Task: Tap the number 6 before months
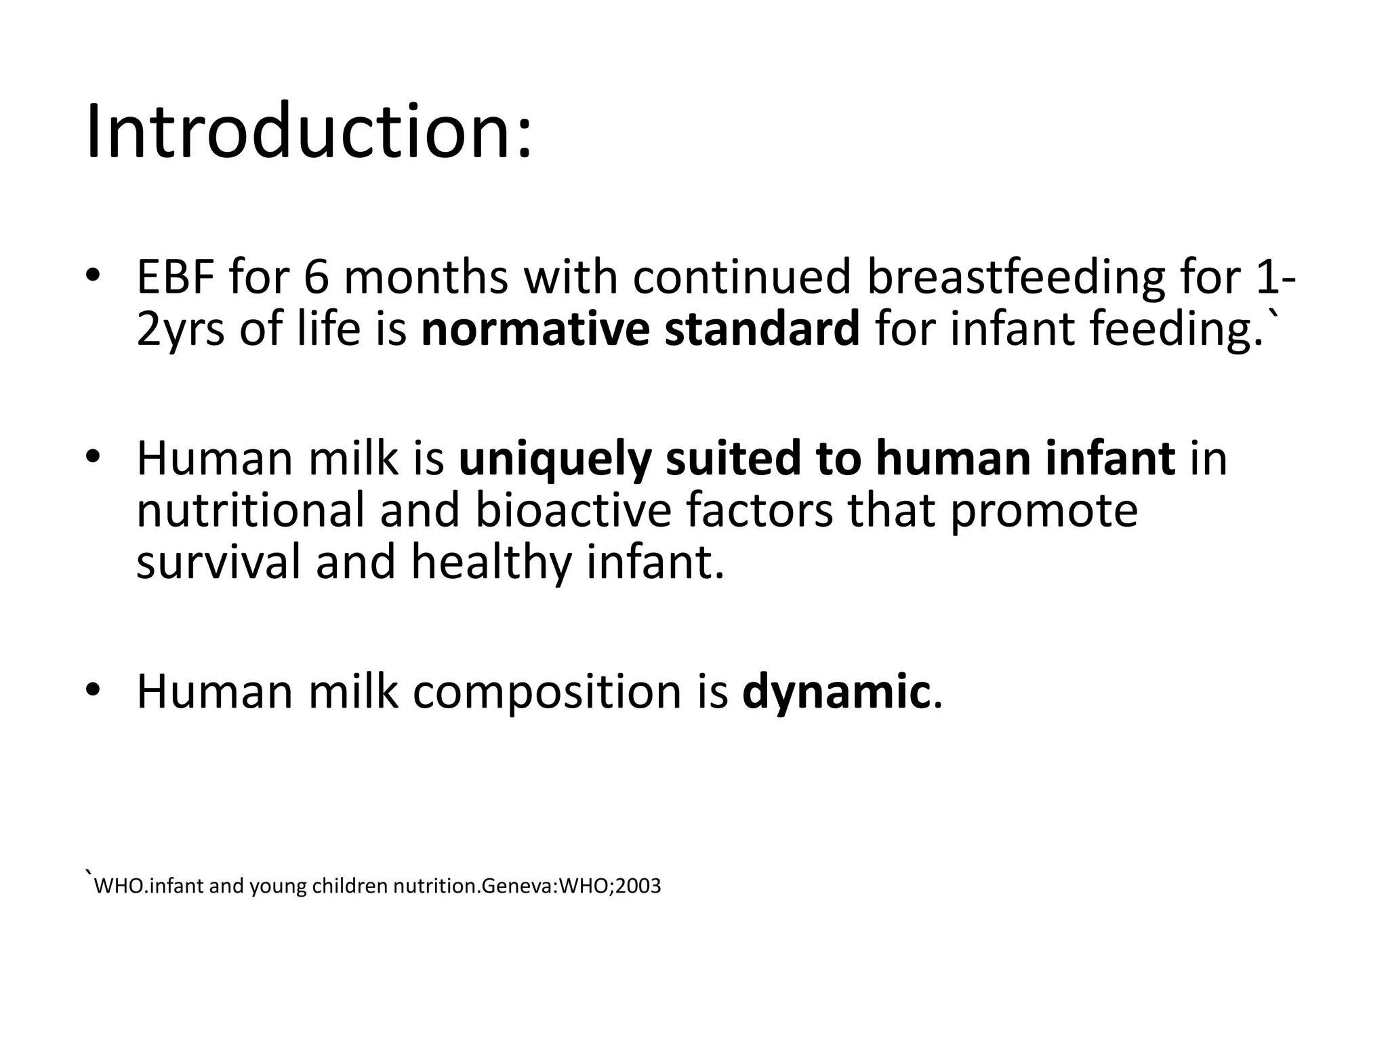click(315, 277)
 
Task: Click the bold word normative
click(535, 329)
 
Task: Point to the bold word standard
click(762, 329)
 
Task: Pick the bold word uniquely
click(554, 458)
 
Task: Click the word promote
click(1044, 510)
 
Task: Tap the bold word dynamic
click(836, 692)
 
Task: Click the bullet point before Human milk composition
click(93, 691)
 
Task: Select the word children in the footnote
click(350, 886)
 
